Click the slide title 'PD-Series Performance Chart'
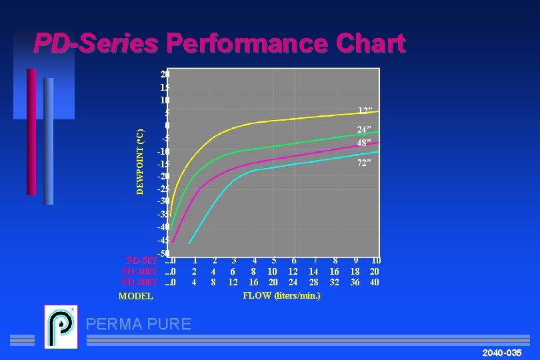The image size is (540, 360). click(219, 44)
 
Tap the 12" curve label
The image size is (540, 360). click(365, 111)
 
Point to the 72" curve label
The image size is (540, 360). click(364, 163)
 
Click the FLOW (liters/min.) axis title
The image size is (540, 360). click(281, 295)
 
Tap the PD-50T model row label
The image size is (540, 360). click(141, 260)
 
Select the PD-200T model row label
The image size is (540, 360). click(139, 282)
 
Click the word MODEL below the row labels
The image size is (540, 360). click(135, 296)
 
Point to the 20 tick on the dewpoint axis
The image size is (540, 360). click(165, 73)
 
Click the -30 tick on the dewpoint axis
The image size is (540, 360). click(163, 201)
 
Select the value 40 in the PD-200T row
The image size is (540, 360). click(375, 282)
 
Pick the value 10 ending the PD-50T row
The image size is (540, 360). click(376, 260)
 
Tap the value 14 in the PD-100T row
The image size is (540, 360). click(313, 271)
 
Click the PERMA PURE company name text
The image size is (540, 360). click(139, 324)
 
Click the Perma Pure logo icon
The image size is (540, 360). click(61, 326)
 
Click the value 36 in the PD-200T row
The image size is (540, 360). click(355, 282)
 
